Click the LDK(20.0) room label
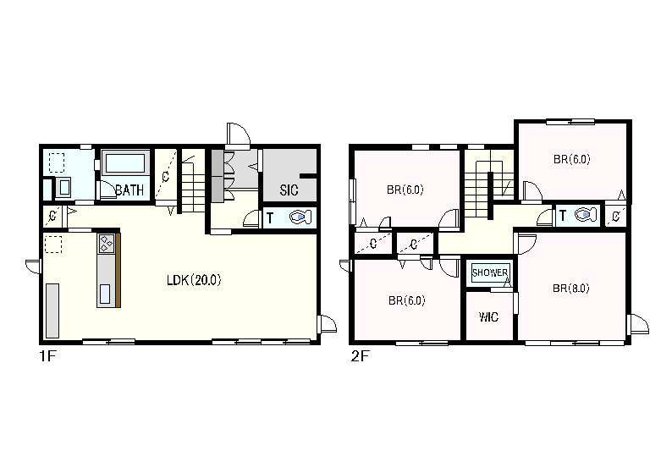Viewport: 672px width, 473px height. pos(194,280)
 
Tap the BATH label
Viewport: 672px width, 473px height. pos(129,190)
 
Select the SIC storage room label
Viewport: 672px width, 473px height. pos(289,190)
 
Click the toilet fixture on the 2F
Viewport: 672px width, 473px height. pos(586,214)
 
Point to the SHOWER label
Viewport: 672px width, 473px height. pos(490,272)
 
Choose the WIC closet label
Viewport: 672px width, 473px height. pos(488,317)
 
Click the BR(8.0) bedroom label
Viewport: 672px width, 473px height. pos(570,289)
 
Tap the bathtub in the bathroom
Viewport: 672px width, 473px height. pos(125,163)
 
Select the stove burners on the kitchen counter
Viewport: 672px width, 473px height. pos(106,244)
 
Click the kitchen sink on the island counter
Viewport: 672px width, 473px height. pos(105,294)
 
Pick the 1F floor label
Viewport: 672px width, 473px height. pos(48,356)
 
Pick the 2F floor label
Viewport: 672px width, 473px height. pos(360,356)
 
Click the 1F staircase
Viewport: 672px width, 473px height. pos(193,181)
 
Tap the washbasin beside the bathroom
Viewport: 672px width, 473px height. pos(63,188)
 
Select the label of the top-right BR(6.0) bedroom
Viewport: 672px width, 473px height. pos(572,159)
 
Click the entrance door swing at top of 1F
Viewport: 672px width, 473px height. pos(238,134)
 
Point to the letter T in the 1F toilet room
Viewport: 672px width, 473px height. pos(270,218)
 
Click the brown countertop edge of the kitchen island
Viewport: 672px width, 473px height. pos(118,270)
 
